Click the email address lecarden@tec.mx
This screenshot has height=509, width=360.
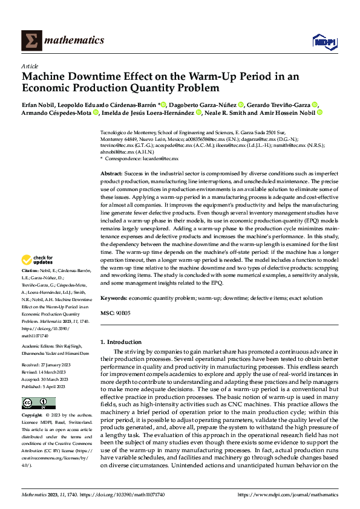[x=162, y=158]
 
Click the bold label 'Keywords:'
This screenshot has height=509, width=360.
[x=113, y=298]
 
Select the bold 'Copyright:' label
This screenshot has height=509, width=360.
[x=32, y=417]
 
